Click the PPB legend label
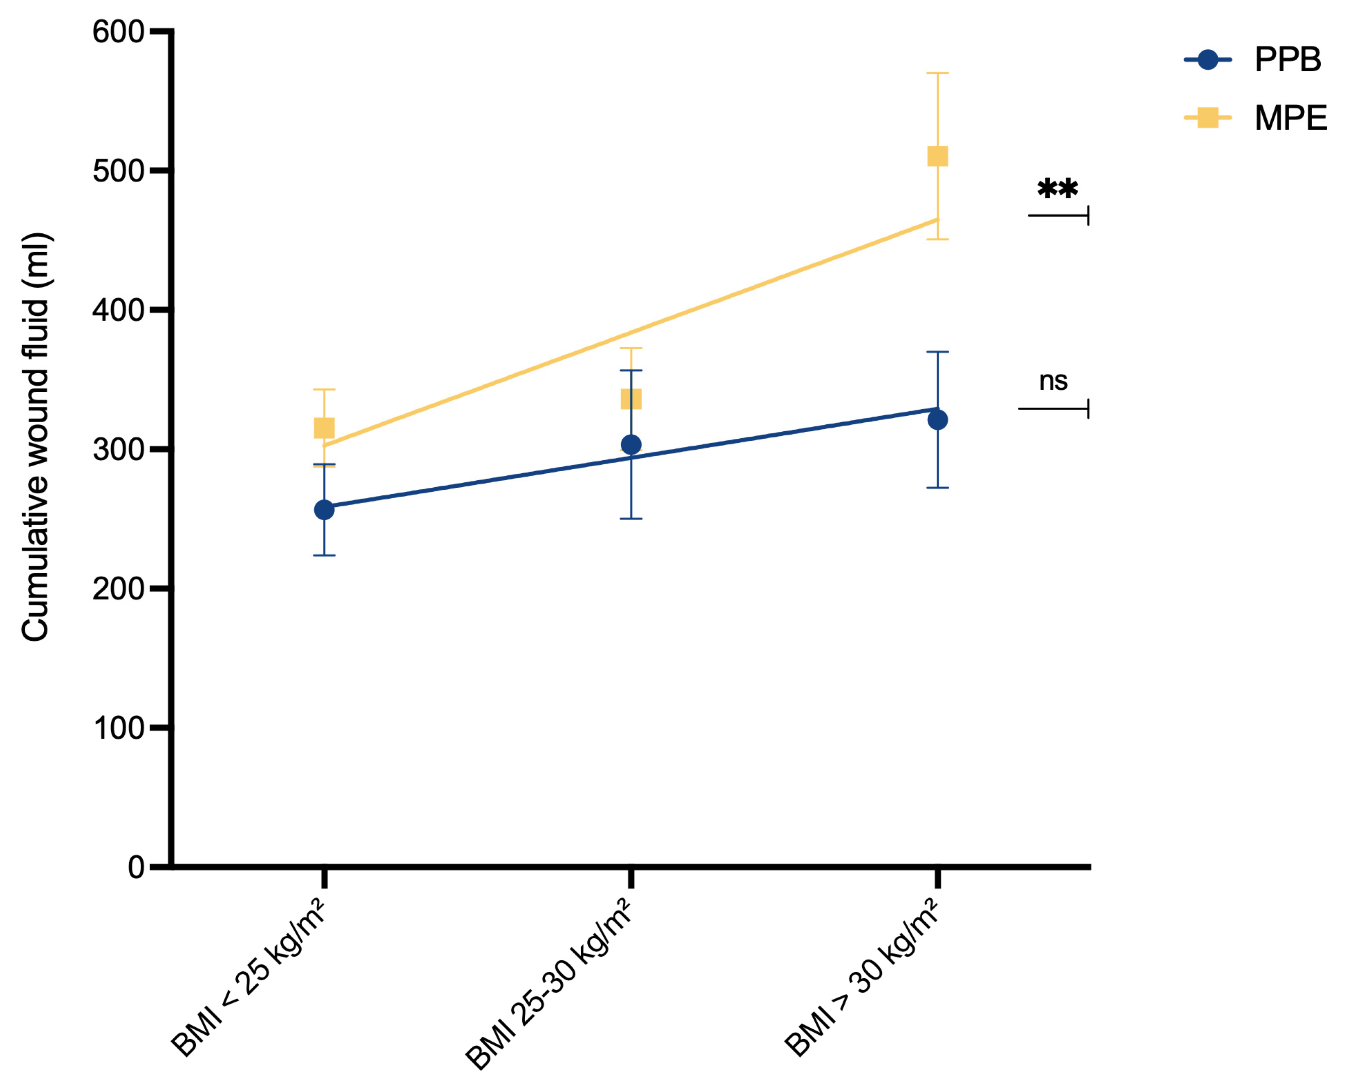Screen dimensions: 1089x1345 (x=1287, y=60)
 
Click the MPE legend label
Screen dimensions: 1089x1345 (x=1290, y=118)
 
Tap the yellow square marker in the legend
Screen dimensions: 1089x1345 (x=1208, y=117)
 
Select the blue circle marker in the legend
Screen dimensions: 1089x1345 (x=1208, y=60)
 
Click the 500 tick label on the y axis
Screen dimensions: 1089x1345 (x=118, y=171)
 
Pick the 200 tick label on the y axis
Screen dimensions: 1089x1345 (x=118, y=589)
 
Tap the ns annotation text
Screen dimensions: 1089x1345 (x=1053, y=381)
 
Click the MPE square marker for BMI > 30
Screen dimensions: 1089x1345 (x=937, y=156)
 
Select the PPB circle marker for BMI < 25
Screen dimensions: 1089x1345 (x=324, y=510)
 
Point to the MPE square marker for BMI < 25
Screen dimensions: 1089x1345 (x=324, y=428)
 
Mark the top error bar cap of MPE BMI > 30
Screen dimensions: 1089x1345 (x=937, y=73)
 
